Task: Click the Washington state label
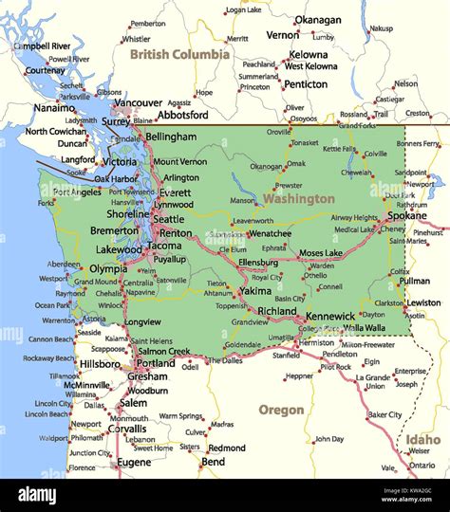[x=299, y=199]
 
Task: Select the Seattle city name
[x=169, y=219]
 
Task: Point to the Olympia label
[x=108, y=268]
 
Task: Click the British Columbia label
[x=179, y=55]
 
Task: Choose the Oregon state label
[x=281, y=410]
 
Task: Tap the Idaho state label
[x=423, y=440]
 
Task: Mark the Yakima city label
[x=254, y=291]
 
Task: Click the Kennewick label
[x=331, y=315]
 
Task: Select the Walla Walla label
[x=365, y=327]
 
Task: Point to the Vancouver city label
[x=138, y=102]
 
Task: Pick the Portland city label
[x=155, y=363]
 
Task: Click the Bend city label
[x=213, y=462]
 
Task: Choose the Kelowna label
[x=308, y=55]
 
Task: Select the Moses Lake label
[x=321, y=253]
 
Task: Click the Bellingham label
[x=171, y=137]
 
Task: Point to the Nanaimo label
[x=28, y=108]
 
